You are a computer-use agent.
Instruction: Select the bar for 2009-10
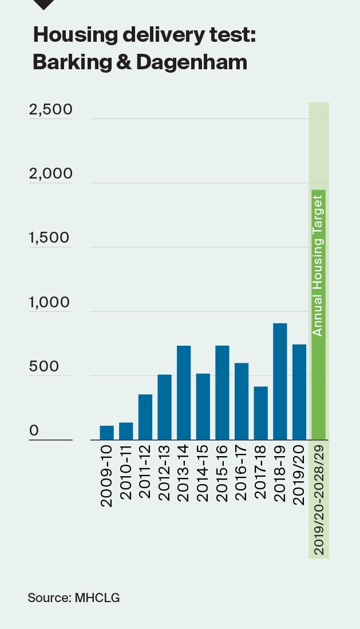coord(107,433)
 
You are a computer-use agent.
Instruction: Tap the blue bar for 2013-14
coord(184,393)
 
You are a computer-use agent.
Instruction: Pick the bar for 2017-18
coord(260,413)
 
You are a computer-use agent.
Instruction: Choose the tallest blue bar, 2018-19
coord(280,382)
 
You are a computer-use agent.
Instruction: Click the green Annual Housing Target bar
coord(318,315)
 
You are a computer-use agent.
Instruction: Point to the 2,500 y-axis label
coord(51,109)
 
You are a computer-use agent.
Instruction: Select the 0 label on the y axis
coord(34,430)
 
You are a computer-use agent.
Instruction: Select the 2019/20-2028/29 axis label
coord(319,501)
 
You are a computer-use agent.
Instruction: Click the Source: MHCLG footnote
coord(74,598)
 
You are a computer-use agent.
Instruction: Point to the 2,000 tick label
coord(51,173)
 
